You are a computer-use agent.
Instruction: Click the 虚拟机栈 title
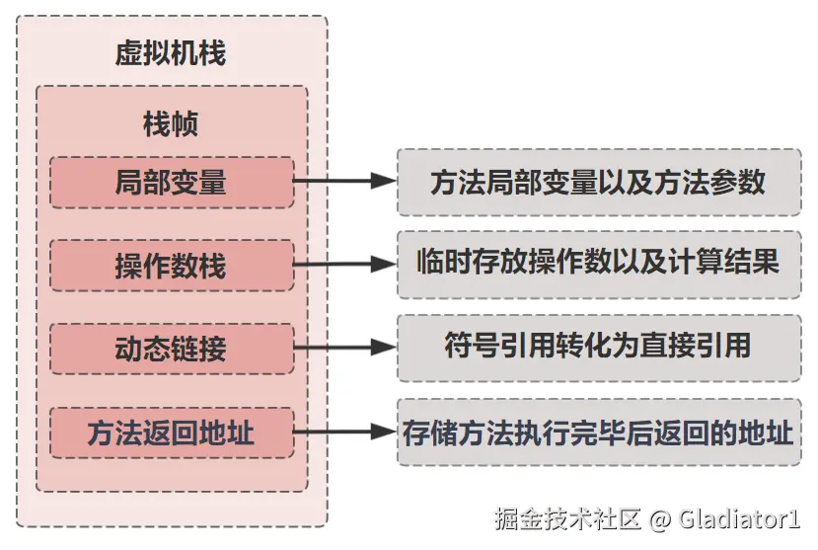coord(171,53)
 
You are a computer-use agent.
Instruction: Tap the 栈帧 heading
coord(171,124)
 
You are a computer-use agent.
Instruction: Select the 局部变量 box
coord(171,182)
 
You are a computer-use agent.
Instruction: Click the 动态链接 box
coord(171,349)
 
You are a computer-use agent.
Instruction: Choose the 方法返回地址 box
coord(171,432)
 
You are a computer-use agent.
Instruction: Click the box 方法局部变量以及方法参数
coord(598,182)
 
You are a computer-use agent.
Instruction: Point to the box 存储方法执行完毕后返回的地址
coord(598,432)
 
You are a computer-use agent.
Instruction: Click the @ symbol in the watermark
coord(660,518)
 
